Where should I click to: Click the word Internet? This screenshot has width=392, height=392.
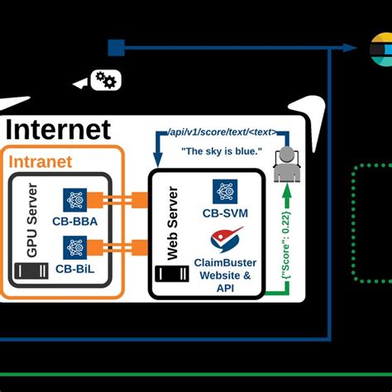point(58,129)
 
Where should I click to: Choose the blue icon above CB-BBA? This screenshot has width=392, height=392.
point(76,198)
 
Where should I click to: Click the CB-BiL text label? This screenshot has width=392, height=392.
point(76,269)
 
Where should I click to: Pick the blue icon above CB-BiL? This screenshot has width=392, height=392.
point(76,246)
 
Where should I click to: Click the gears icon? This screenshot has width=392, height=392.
point(107,79)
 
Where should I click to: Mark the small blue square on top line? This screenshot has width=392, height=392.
point(116,47)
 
